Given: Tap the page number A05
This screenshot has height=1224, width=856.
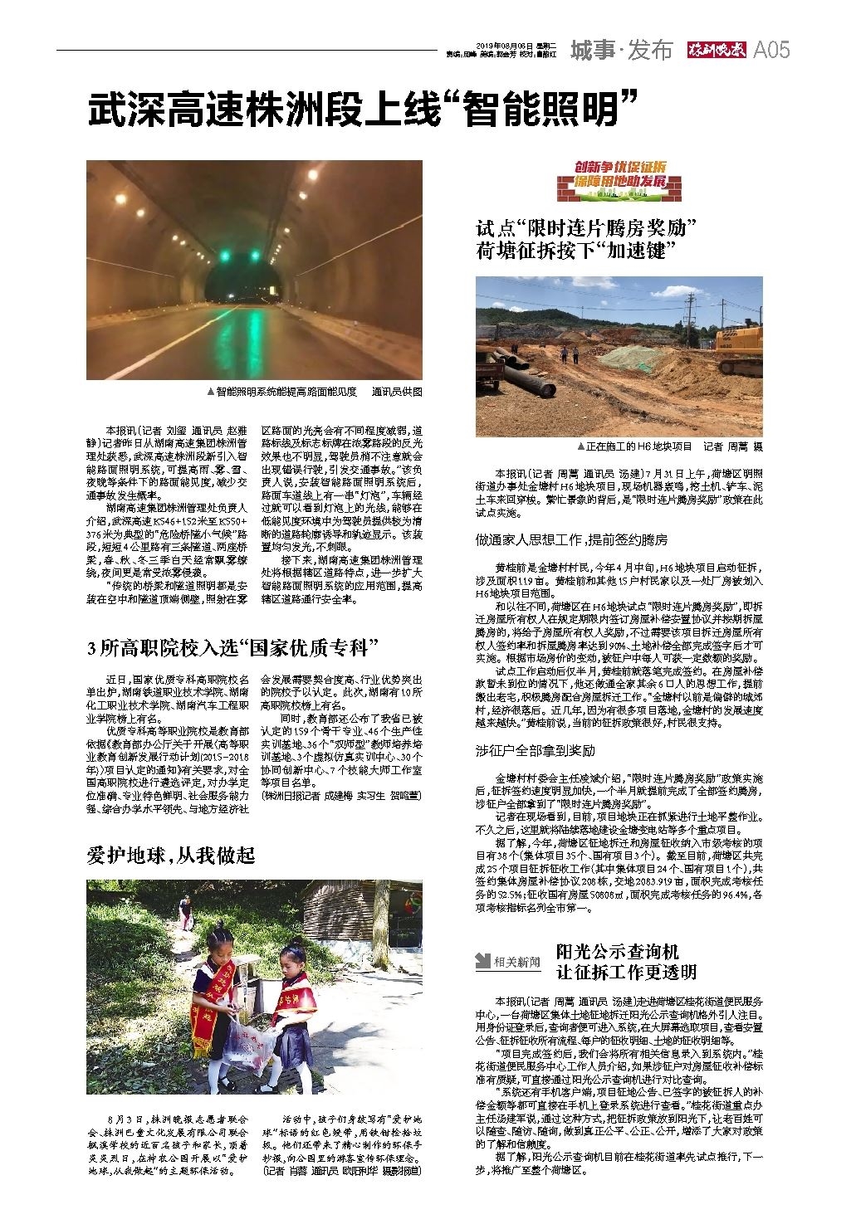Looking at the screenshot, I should [771, 51].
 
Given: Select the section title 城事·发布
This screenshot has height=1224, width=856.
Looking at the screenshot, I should [621, 51].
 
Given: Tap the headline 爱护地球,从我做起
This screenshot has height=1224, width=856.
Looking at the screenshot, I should [171, 855].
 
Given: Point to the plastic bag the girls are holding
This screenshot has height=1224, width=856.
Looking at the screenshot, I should [248, 1048].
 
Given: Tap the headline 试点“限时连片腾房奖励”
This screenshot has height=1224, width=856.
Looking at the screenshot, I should [585, 227].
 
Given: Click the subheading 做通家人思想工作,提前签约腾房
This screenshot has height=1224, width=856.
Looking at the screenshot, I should [571, 539].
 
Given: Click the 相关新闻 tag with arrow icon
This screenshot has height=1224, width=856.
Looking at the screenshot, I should [507, 961].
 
